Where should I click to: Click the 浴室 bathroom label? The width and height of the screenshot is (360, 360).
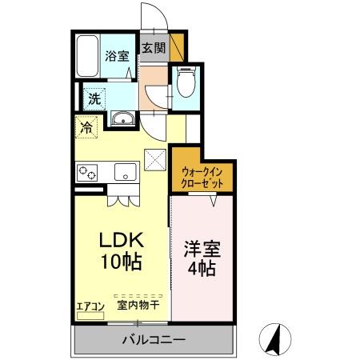pyautogui.click(x=117, y=56)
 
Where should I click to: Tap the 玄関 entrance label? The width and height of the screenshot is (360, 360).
pyautogui.click(x=154, y=48)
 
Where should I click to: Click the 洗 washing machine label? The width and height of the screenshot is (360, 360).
pyautogui.click(x=95, y=100)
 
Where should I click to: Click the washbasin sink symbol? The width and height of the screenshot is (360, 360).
pyautogui.click(x=123, y=120)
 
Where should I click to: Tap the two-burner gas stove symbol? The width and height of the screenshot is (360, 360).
pyautogui.click(x=87, y=172)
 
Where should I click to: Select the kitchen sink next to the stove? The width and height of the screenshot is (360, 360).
pyautogui.click(x=126, y=171)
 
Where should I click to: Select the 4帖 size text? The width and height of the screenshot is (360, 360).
pyautogui.click(x=201, y=269)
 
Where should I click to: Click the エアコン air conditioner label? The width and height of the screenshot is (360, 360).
pyautogui.click(x=90, y=305)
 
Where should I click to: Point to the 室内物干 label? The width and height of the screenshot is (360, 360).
pyautogui.click(x=138, y=305)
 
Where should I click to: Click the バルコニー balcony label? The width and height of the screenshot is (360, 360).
pyautogui.click(x=154, y=340)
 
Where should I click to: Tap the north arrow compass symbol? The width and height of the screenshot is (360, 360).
pyautogui.click(x=276, y=339)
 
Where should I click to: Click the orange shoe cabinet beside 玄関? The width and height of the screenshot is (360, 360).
pyautogui.click(x=177, y=47)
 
